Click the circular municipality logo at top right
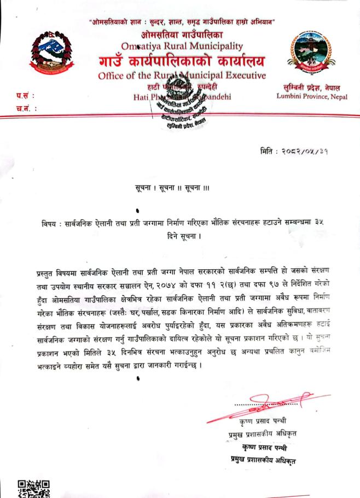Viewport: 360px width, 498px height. coord(312,55)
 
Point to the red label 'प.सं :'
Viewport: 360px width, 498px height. coord(25,97)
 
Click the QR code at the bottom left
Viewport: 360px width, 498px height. coord(33,488)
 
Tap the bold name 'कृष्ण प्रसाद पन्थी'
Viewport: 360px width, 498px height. coord(266,447)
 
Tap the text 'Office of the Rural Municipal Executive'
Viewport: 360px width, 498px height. coord(182,76)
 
